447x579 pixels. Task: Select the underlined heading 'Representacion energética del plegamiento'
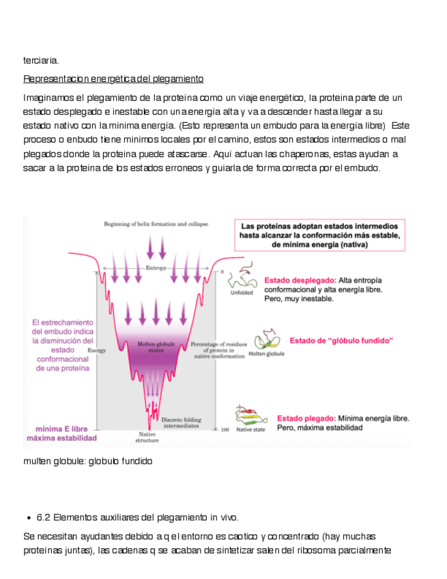click(x=113, y=79)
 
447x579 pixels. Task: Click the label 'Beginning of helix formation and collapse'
click(x=156, y=224)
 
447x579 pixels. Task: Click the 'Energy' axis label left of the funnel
click(x=97, y=350)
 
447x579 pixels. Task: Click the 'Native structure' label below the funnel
click(x=148, y=437)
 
